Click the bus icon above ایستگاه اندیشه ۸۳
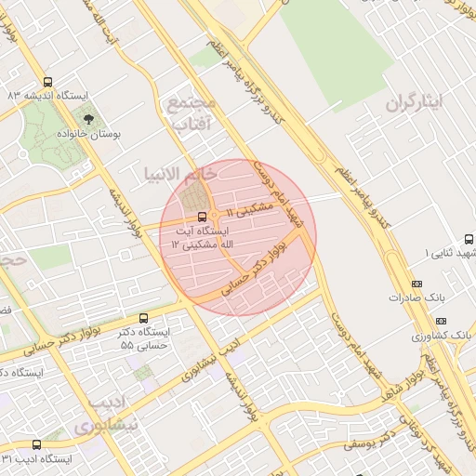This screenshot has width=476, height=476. [x=47, y=82]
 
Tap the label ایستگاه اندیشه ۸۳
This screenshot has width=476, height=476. [x=47, y=96]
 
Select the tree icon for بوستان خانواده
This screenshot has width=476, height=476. [x=89, y=119]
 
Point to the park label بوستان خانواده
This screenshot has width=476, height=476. [x=90, y=134]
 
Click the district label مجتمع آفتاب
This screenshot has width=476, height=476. [x=192, y=111]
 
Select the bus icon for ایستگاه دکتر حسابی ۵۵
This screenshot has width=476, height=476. [x=142, y=318]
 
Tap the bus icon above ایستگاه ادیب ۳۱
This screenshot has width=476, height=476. [x=36, y=444]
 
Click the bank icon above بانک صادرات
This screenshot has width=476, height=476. [x=416, y=284]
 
